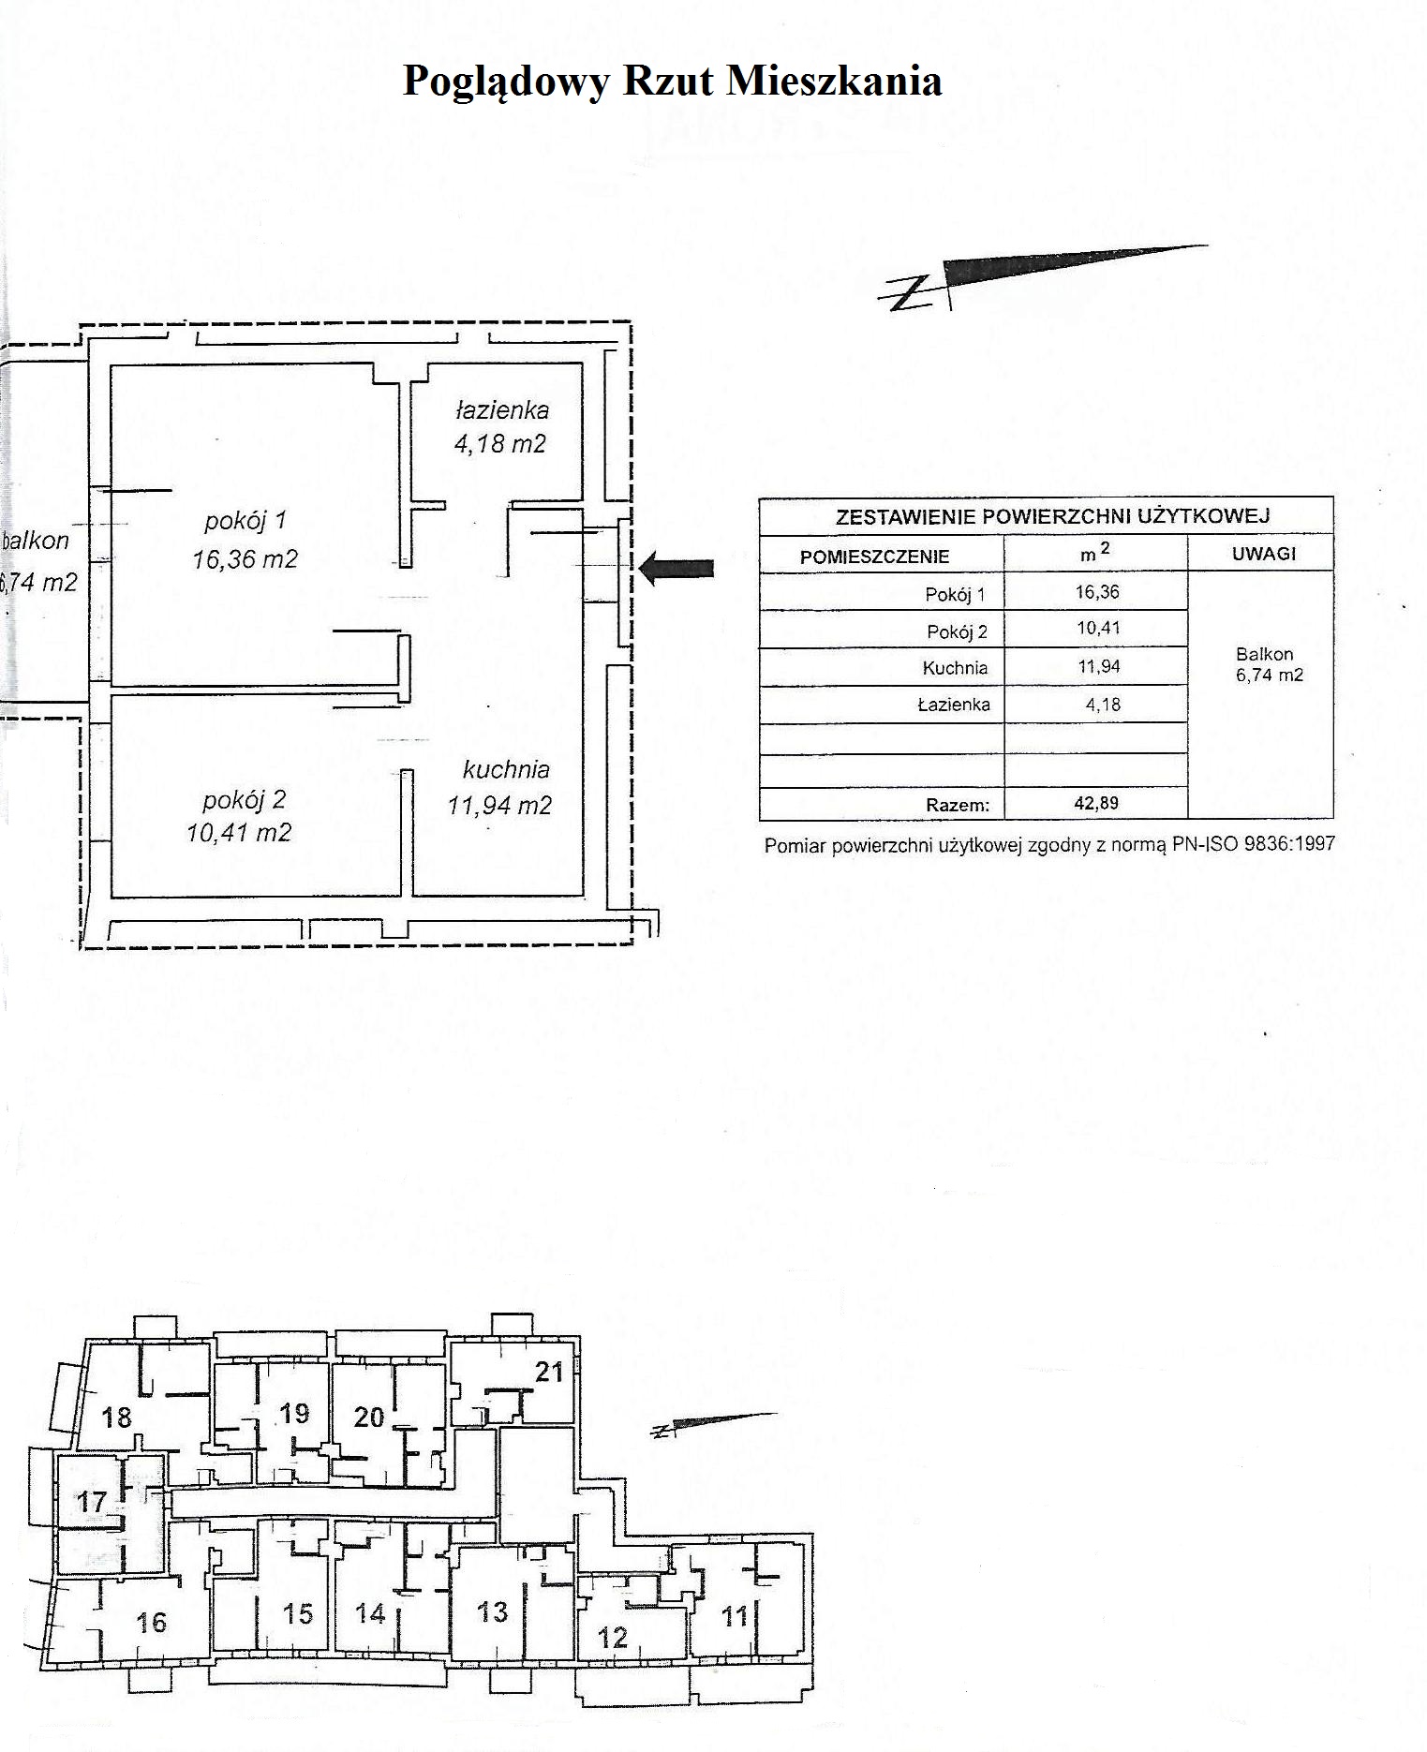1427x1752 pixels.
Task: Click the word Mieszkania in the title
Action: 834,81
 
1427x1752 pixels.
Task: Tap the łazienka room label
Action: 502,410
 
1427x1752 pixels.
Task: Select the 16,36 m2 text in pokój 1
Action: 245,559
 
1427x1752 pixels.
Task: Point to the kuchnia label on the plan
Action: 506,770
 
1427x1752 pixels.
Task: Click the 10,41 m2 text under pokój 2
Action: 239,832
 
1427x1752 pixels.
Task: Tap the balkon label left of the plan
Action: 37,541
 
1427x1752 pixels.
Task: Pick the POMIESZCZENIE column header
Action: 874,557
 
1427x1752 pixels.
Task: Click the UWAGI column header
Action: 1263,554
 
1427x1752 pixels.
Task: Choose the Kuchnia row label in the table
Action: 955,668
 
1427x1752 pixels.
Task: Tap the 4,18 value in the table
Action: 1103,705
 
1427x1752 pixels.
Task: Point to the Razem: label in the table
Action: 958,804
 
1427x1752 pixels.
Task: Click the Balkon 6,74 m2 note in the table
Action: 1268,664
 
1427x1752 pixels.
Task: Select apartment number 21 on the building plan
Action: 549,1372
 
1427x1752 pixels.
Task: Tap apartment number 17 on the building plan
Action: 92,1502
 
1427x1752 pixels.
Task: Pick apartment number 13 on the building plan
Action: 493,1611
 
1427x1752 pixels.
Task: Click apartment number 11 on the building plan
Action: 736,1616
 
